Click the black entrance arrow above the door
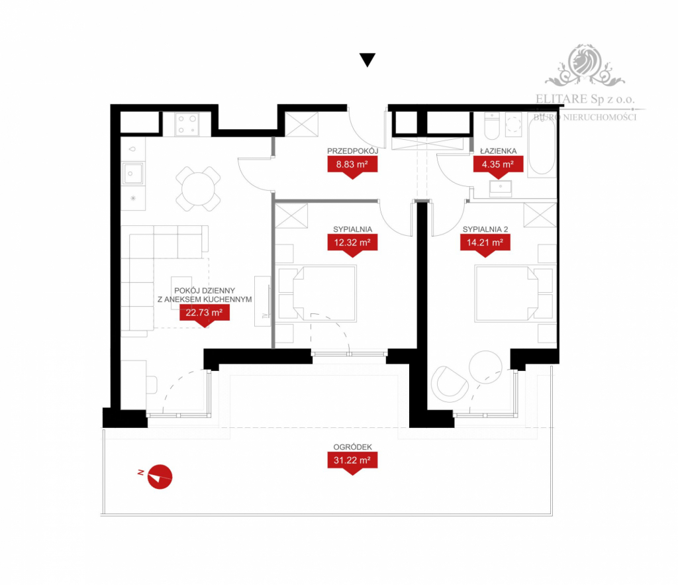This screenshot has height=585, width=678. tap(367, 59)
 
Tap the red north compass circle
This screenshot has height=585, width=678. tap(160, 477)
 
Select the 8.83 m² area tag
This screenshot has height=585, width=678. tap(352, 167)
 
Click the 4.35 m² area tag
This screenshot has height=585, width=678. tap(498, 167)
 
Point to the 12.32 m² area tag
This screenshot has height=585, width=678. tap(352, 245)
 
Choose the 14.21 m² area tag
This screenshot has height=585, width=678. tap(485, 245)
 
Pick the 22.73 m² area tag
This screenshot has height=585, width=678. tap(205, 315)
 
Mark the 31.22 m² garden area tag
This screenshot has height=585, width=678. tap(352, 463)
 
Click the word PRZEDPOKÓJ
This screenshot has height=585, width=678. tap(352, 151)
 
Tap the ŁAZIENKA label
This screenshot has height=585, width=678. tap(498, 151)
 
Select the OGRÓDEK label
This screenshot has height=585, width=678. tap(352, 447)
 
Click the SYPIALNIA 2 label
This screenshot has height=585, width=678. tap(485, 229)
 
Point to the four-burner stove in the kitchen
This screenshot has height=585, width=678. tap(187, 124)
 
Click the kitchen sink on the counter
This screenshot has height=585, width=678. tap(132, 174)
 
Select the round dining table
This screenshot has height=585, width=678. tap(198, 189)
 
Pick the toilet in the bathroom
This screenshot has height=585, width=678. tap(492, 125)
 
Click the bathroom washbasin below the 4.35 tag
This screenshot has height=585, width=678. tap(501, 189)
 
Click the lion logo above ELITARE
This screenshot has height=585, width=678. tap(585, 64)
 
